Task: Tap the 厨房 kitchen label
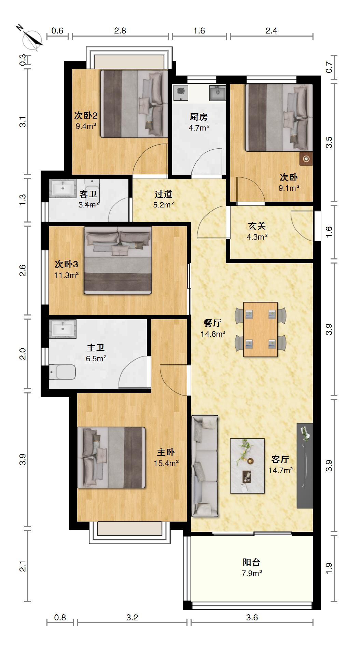(x=199, y=117)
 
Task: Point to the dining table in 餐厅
(x=260, y=329)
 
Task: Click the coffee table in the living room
(x=247, y=466)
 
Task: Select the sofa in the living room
(x=205, y=466)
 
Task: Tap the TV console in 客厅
(x=305, y=466)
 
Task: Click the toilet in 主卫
(x=62, y=372)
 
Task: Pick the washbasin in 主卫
(x=62, y=329)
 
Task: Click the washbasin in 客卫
(x=62, y=188)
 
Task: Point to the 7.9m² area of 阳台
(x=252, y=573)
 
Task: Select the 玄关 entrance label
(x=257, y=226)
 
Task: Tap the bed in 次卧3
(x=118, y=260)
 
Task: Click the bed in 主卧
(x=111, y=457)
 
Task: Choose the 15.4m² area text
(x=166, y=463)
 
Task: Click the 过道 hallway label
(x=163, y=194)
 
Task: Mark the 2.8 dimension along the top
(x=120, y=31)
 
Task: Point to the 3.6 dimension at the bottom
(x=252, y=617)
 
